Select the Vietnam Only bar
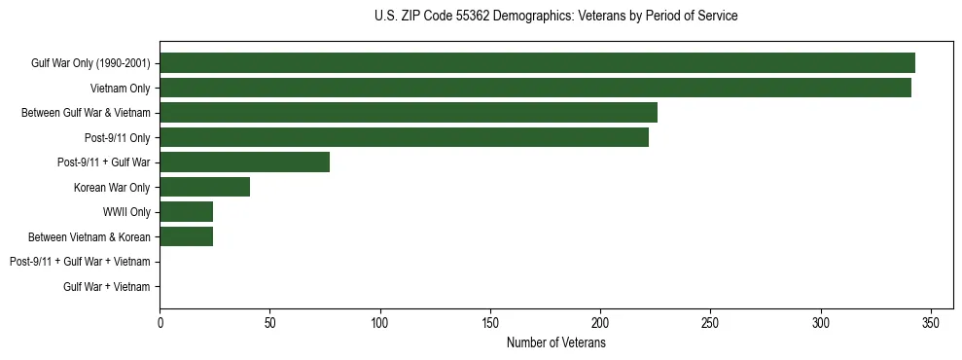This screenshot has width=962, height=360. click(x=535, y=89)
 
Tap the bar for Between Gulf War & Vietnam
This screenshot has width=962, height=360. click(x=409, y=113)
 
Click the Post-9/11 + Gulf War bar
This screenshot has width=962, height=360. click(x=244, y=162)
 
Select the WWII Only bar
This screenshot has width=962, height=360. click(x=186, y=212)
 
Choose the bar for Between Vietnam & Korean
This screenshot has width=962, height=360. click(x=186, y=236)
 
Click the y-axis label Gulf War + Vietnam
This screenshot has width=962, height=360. click(x=107, y=286)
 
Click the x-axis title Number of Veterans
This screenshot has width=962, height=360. click(x=555, y=342)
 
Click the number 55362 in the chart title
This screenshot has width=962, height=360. click(x=473, y=17)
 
